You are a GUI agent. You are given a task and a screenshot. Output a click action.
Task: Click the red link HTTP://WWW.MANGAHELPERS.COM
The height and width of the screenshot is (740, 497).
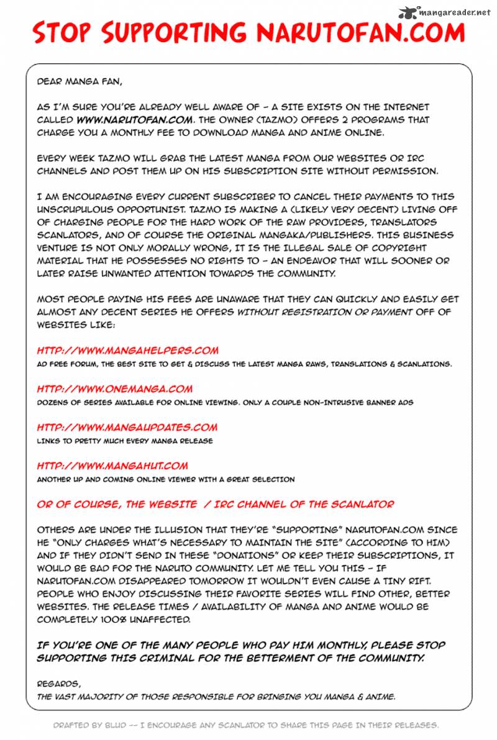coord(127,351)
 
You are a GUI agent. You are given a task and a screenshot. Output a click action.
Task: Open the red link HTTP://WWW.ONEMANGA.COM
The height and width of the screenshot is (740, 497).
coord(114,389)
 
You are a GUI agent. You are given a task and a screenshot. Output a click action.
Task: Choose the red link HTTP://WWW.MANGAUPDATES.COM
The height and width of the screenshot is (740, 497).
coord(127,427)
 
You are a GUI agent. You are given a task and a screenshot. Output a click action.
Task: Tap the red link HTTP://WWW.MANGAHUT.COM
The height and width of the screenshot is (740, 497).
coord(112,466)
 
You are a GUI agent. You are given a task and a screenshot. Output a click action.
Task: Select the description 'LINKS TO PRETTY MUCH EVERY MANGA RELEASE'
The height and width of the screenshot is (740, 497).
coord(124,441)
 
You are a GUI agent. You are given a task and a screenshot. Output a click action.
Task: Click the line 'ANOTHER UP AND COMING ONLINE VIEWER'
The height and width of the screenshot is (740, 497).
coord(165,479)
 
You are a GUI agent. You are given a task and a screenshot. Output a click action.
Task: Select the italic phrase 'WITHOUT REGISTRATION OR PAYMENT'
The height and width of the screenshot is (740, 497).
coord(324,312)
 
